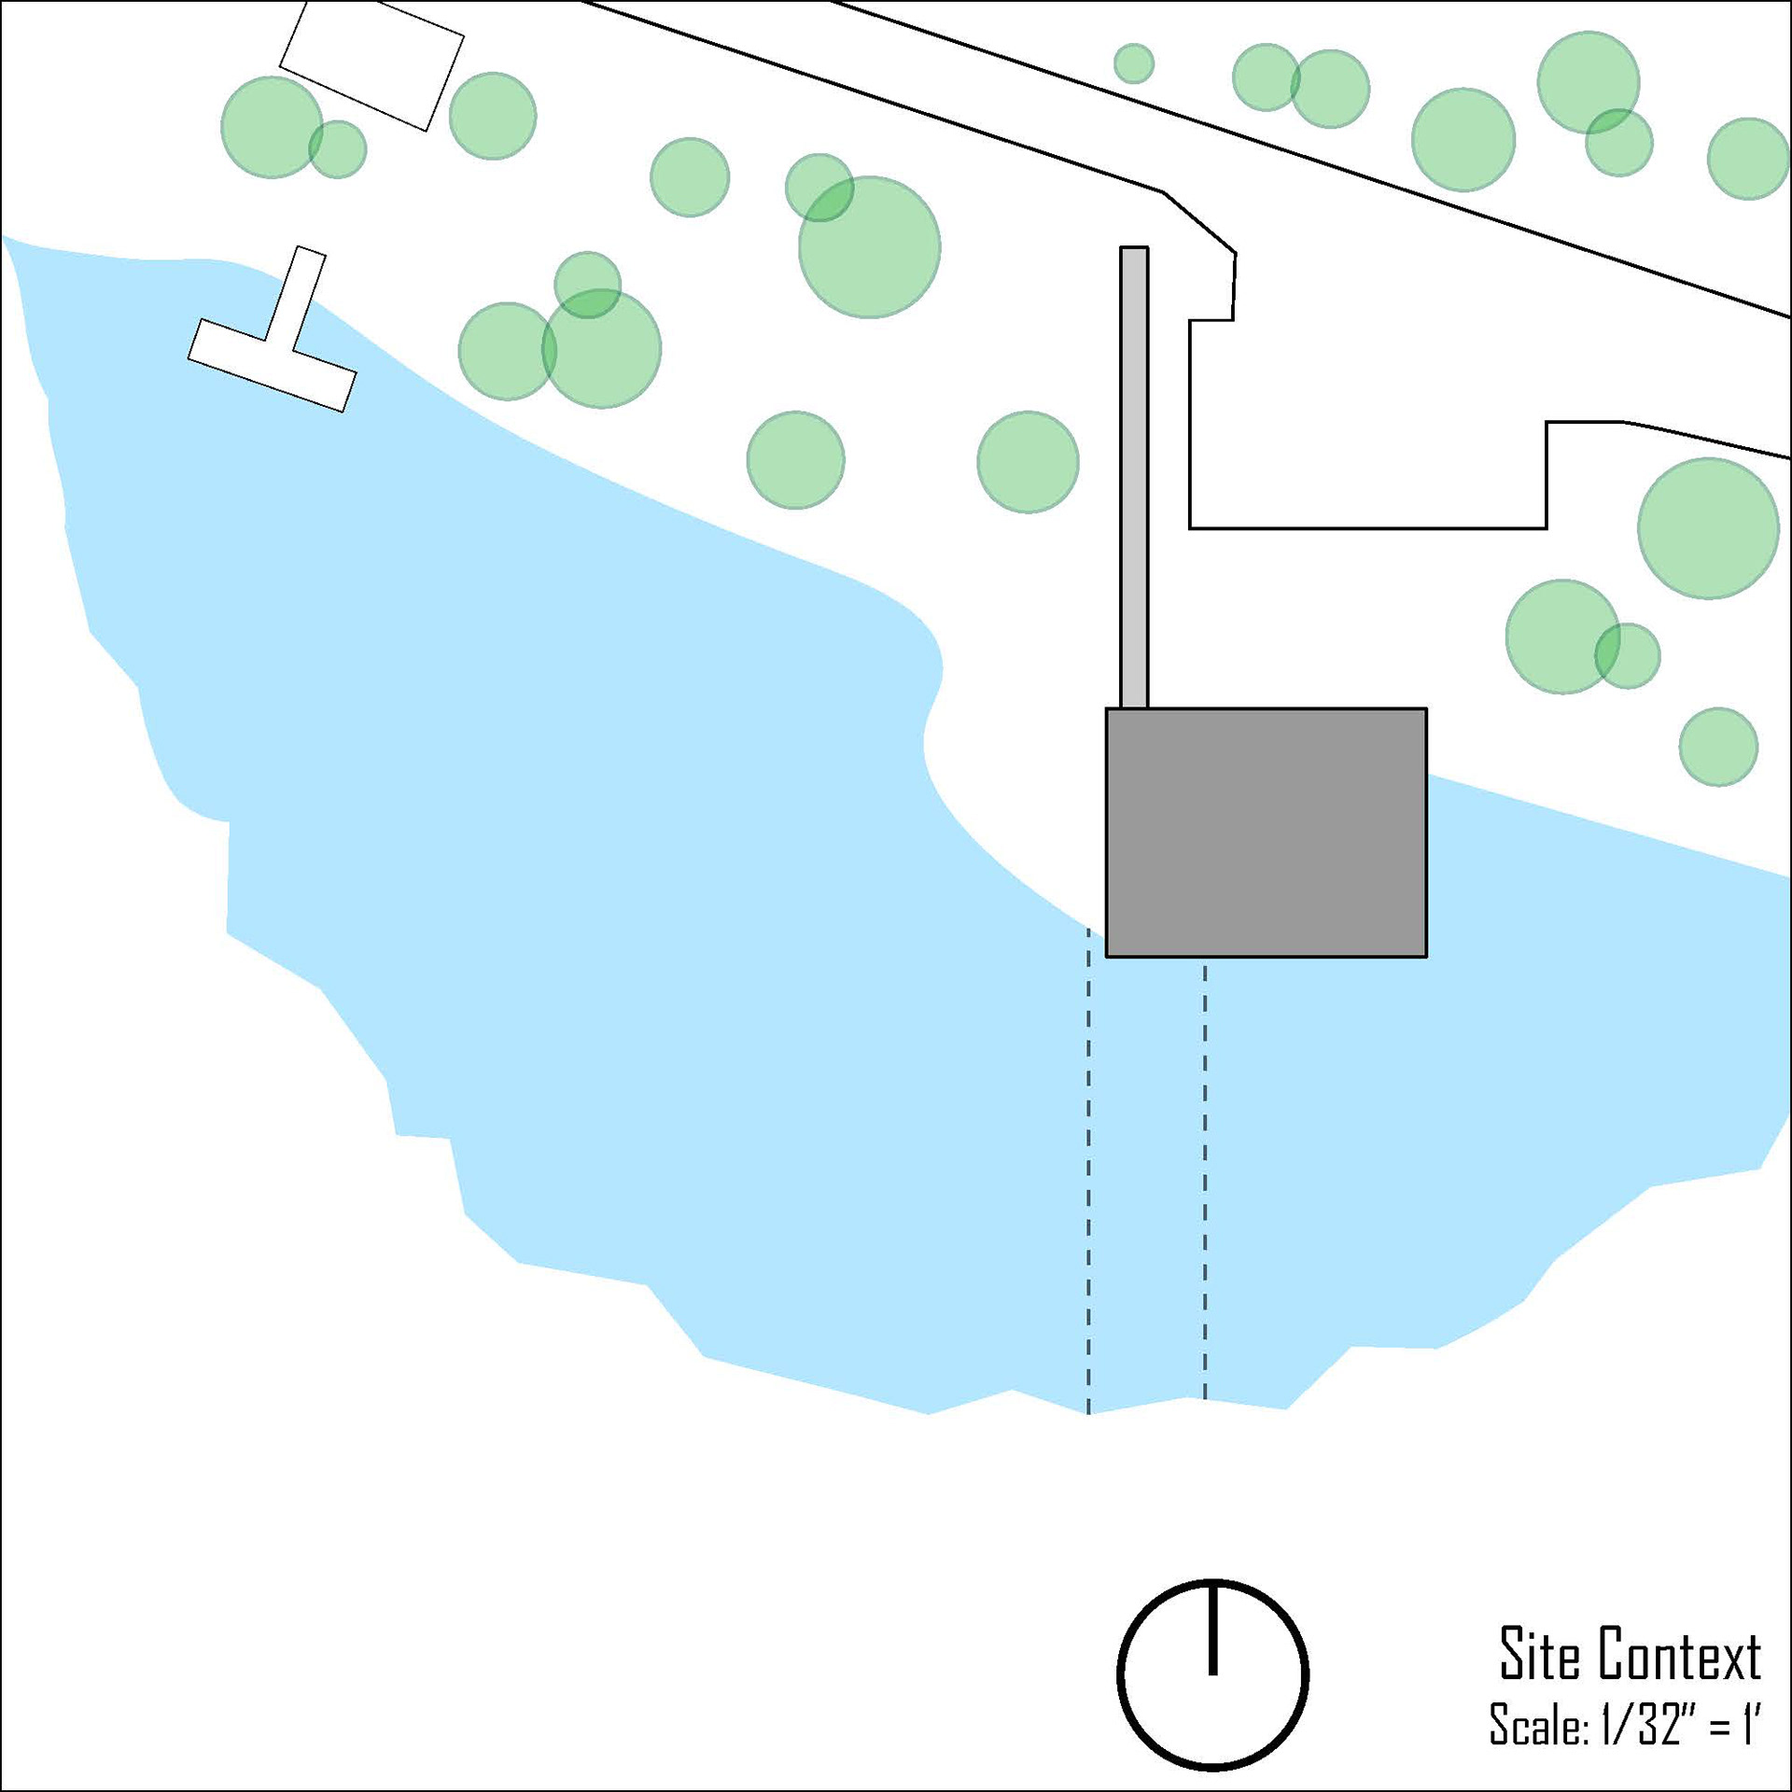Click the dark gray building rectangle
(x=1266, y=833)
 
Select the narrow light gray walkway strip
(x=1134, y=476)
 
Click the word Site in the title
(x=1540, y=1655)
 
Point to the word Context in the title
(x=1679, y=1655)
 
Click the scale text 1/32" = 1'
(x=1680, y=1725)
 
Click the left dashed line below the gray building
(x=1087, y=1167)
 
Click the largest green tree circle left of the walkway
(x=869, y=247)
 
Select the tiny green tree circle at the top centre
(x=1134, y=63)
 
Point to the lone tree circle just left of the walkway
(x=1028, y=461)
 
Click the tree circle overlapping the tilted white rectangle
(x=271, y=127)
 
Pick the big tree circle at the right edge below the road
(x=1708, y=528)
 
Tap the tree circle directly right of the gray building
(x=1718, y=747)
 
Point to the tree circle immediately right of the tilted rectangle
(x=493, y=116)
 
